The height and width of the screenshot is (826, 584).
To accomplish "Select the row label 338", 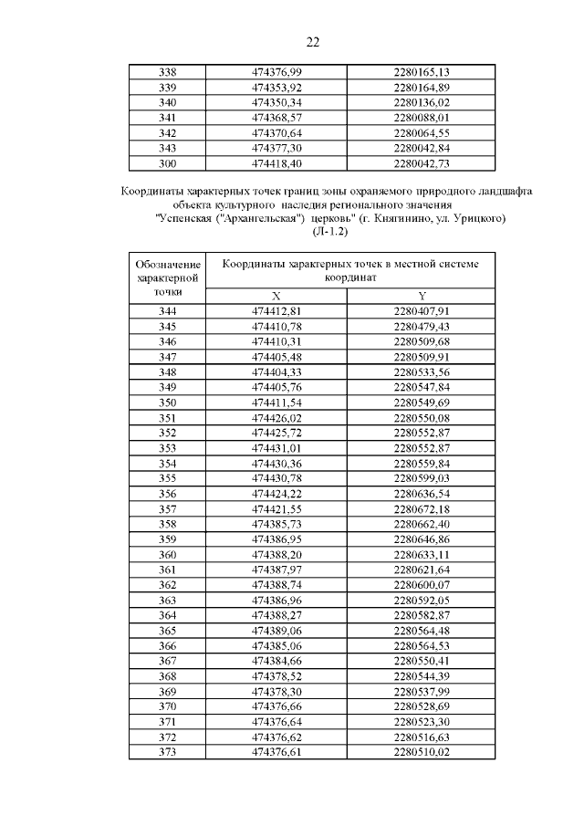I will pos(167,72).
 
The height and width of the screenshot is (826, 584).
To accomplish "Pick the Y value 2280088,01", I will pos(422,118).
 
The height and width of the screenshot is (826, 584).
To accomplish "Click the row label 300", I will pos(167,164).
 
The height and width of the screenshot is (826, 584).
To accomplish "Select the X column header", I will pos(276,296).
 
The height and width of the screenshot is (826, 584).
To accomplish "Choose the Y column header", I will pos(422,296).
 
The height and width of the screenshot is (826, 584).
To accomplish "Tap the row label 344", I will pos(167,311).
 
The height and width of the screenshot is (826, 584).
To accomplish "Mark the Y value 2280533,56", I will pos(422,372).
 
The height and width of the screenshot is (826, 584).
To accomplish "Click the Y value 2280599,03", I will pos(422,478).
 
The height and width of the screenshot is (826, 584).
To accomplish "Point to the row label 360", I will pos(167,554).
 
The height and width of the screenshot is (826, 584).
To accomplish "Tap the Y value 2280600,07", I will pos(422,584).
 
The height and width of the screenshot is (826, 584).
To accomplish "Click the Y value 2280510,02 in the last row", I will pos(422,751).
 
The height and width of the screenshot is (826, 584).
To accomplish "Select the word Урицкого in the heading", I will pos(475,220).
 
